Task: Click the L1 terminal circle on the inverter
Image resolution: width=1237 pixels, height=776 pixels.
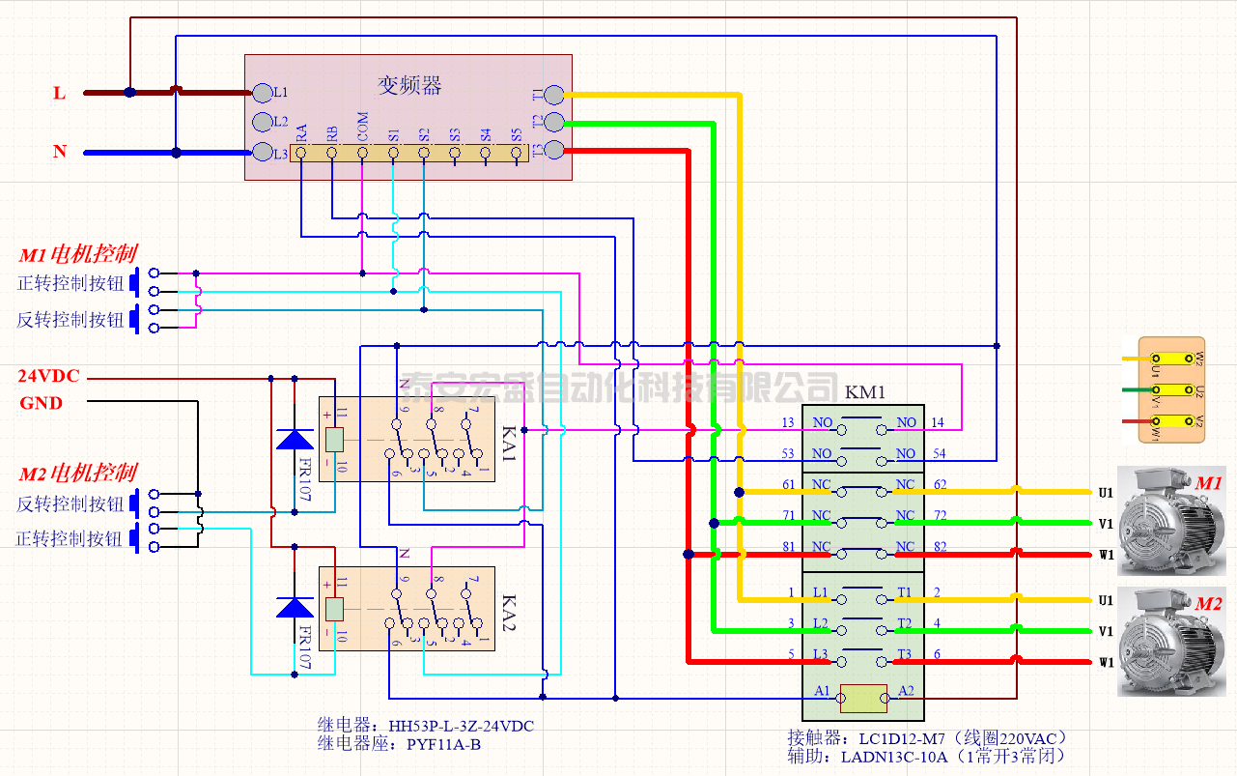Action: (263, 93)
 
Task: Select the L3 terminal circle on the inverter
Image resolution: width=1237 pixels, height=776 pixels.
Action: (263, 153)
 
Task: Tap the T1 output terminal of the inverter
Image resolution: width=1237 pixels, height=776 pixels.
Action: (554, 94)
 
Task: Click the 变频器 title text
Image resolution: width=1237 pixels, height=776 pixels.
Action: (409, 86)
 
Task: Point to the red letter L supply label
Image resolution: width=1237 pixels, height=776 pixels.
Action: (60, 94)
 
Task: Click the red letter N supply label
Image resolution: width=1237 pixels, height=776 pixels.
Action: (60, 152)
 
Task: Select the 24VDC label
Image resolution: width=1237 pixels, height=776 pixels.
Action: (49, 376)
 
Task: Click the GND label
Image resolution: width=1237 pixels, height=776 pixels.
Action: (42, 403)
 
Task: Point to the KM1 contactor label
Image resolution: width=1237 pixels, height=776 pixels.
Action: (864, 392)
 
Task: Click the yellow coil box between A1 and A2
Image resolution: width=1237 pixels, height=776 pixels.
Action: (863, 697)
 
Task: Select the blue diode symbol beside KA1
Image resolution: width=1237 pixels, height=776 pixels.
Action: (295, 440)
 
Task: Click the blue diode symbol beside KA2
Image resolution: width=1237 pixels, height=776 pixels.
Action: (295, 607)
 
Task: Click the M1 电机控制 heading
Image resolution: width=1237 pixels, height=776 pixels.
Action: (78, 255)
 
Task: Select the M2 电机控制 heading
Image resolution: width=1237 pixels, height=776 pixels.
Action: (78, 474)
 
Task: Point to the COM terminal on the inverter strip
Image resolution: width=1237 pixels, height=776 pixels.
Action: (362, 153)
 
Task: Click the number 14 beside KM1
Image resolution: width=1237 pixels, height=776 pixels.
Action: (938, 423)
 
